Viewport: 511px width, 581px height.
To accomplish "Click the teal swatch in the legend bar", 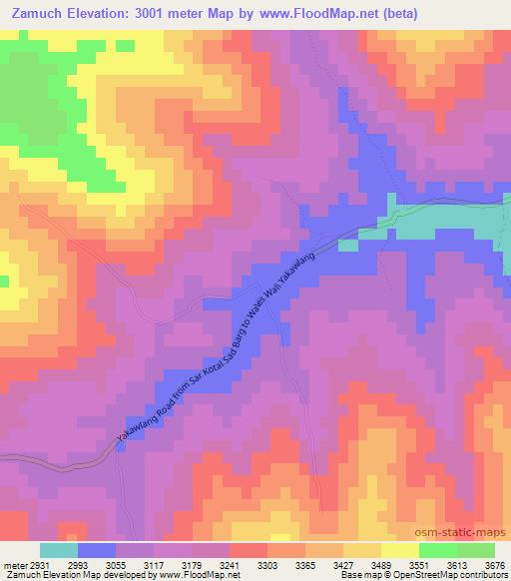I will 59,550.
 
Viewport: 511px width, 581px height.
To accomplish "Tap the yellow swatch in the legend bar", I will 400,550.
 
